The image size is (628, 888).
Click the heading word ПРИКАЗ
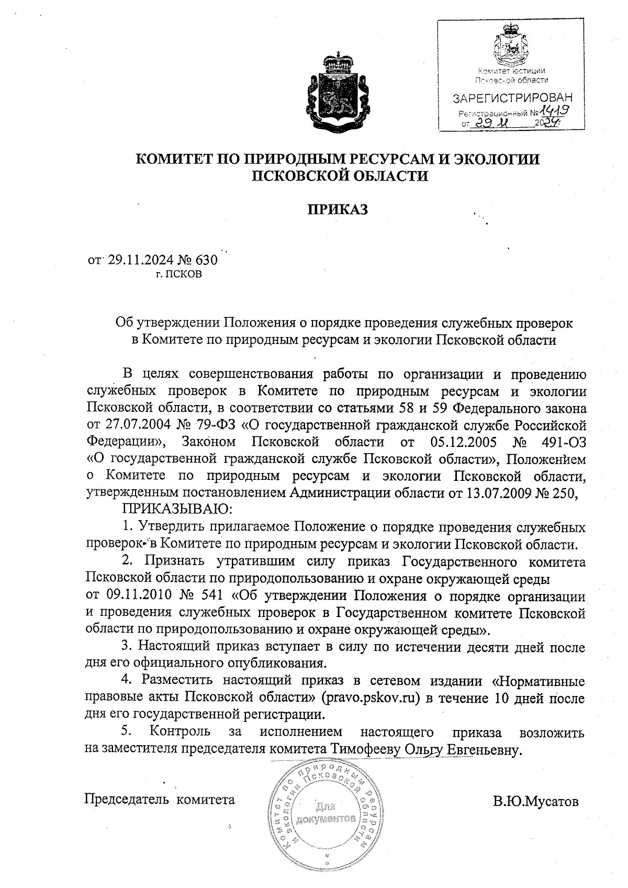click(x=338, y=210)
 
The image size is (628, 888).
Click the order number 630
click(x=206, y=260)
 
